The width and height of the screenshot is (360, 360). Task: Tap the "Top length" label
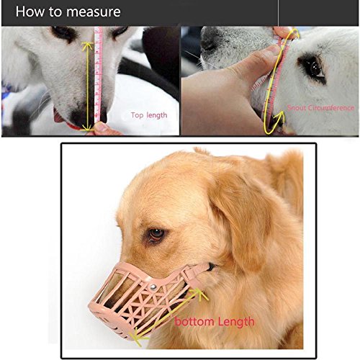(x=149, y=115)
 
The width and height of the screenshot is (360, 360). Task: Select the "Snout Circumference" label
(x=321, y=108)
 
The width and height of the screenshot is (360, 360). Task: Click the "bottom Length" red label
(x=215, y=322)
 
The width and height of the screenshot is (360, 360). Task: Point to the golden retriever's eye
(x=156, y=233)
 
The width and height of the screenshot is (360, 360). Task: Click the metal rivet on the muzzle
(x=153, y=287)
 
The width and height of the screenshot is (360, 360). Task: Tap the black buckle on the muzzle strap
(x=211, y=266)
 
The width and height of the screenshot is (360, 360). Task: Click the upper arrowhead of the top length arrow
(x=87, y=45)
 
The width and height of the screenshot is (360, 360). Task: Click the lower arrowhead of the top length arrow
(x=88, y=127)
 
